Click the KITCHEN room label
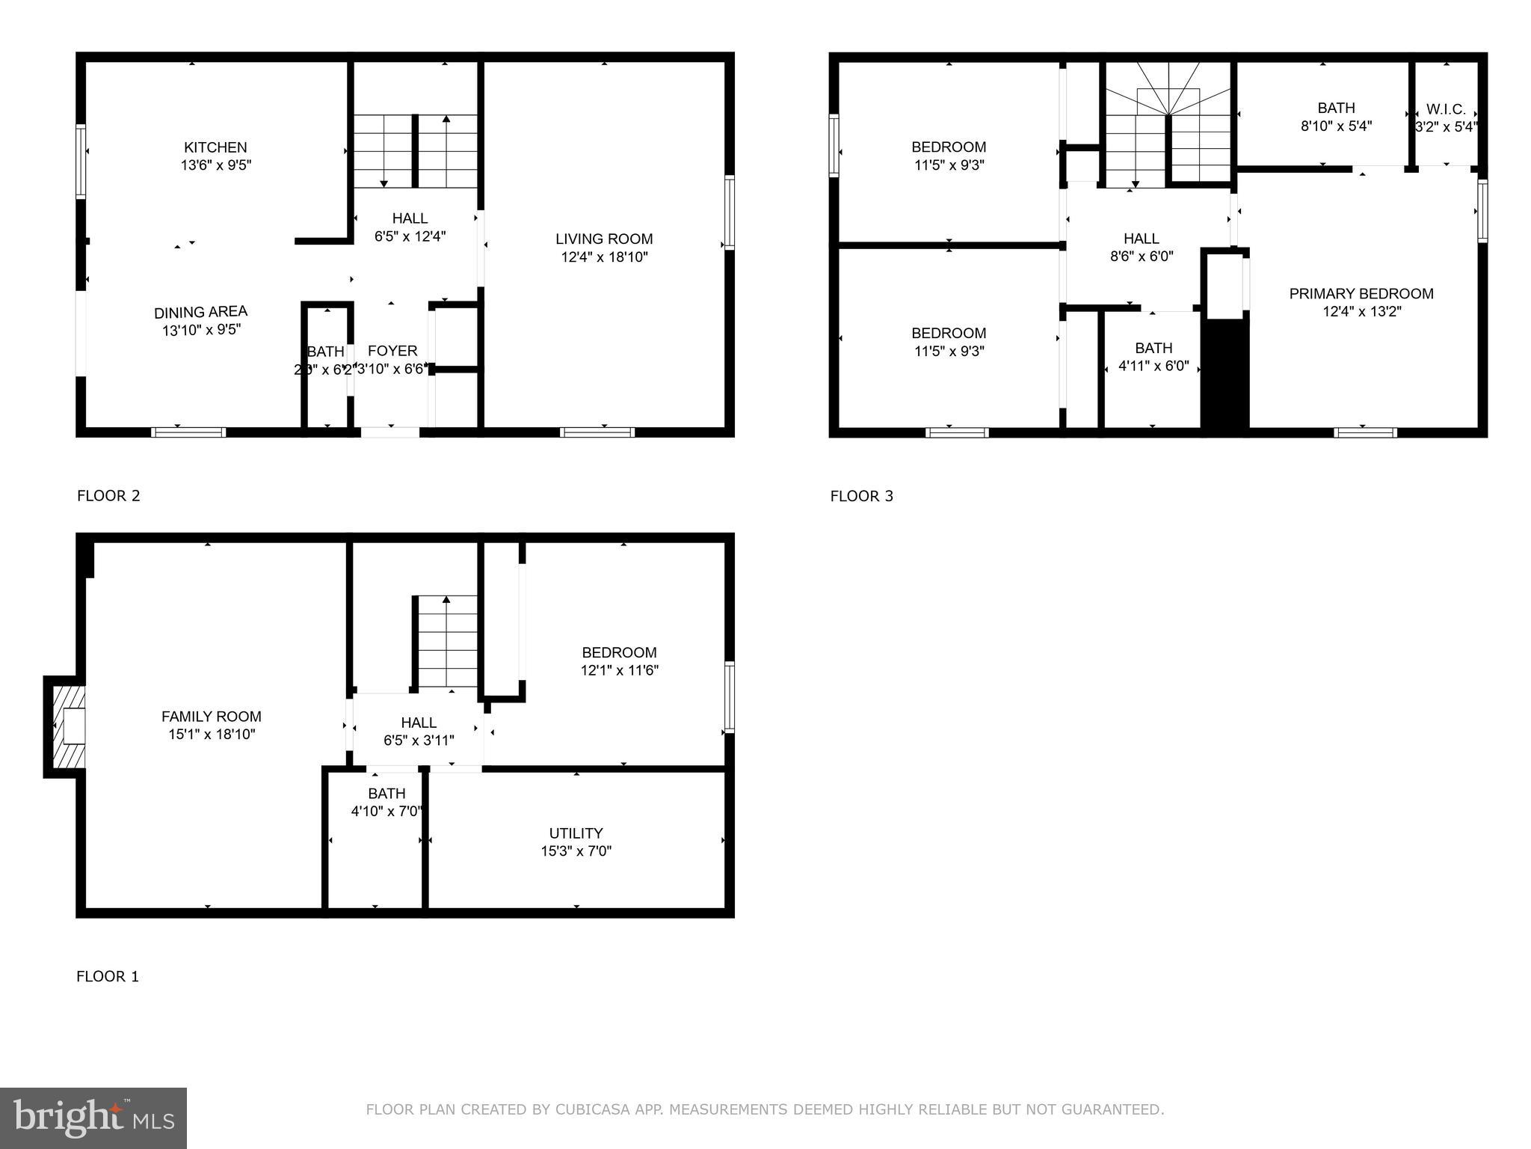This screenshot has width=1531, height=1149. (215, 147)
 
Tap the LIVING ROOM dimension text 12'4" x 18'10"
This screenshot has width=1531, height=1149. (604, 257)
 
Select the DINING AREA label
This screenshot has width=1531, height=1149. (200, 312)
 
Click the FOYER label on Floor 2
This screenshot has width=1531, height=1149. (392, 351)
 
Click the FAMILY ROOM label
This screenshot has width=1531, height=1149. (212, 717)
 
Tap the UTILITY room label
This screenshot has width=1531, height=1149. (576, 833)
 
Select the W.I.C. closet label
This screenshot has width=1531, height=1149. (1446, 109)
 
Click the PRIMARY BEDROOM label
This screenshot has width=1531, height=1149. (1361, 294)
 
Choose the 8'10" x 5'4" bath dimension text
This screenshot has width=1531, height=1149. (1336, 126)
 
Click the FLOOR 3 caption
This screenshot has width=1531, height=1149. (861, 496)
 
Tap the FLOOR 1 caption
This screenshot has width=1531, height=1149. (108, 976)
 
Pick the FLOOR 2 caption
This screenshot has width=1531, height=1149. (108, 495)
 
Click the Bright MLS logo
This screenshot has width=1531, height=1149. (93, 1118)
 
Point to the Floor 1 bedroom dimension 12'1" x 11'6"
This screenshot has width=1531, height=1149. (619, 670)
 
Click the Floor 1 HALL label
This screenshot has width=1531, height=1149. (419, 723)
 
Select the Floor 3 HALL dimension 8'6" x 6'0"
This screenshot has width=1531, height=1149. (1141, 257)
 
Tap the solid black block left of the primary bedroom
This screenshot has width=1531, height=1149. (1224, 374)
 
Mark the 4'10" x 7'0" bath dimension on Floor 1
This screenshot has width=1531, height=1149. (386, 811)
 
